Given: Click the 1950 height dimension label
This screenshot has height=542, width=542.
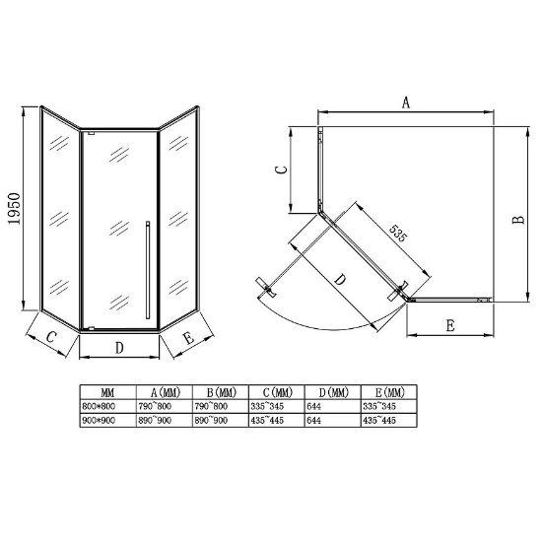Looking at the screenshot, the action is [15, 209].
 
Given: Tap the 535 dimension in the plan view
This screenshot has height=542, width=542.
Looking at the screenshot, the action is [398, 233].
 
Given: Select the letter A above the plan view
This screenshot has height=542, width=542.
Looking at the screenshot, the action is [406, 103].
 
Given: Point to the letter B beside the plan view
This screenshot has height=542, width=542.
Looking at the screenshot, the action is [518, 220].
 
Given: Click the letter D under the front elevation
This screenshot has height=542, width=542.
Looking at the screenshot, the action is [119, 348].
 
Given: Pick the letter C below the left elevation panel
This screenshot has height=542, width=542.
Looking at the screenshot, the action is [51, 336].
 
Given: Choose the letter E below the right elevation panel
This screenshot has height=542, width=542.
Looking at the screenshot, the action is [189, 338].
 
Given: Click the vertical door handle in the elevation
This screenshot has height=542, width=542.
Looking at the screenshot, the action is [148, 270].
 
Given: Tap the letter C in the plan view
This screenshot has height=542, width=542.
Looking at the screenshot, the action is [282, 169].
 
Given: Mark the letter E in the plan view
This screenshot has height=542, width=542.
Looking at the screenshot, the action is [450, 325].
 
